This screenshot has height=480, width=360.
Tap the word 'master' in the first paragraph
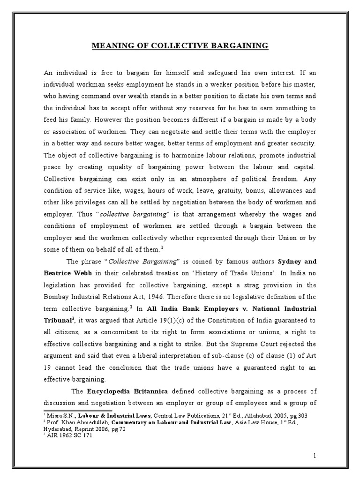pos(305,84)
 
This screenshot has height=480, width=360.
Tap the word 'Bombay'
pos(57,297)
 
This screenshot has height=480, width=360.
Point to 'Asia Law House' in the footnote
pos(249,421)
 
